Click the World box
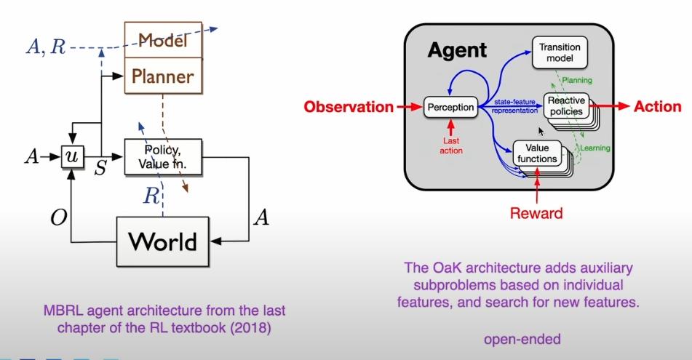(x=162, y=241)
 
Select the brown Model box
(x=163, y=40)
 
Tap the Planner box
(x=163, y=76)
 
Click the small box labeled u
(x=72, y=156)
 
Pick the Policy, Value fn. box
(x=163, y=156)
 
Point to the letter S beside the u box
(x=100, y=168)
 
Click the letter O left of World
(x=59, y=217)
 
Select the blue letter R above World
(x=151, y=196)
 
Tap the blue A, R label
(x=46, y=47)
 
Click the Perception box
(x=450, y=107)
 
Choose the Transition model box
(x=560, y=53)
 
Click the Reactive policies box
(x=566, y=106)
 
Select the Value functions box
(x=537, y=153)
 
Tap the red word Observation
(x=349, y=107)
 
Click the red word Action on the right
(x=658, y=106)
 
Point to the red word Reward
(x=536, y=213)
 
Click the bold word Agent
(x=457, y=50)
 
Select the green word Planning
(x=577, y=80)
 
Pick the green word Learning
(x=595, y=148)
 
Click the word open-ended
(x=522, y=339)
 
